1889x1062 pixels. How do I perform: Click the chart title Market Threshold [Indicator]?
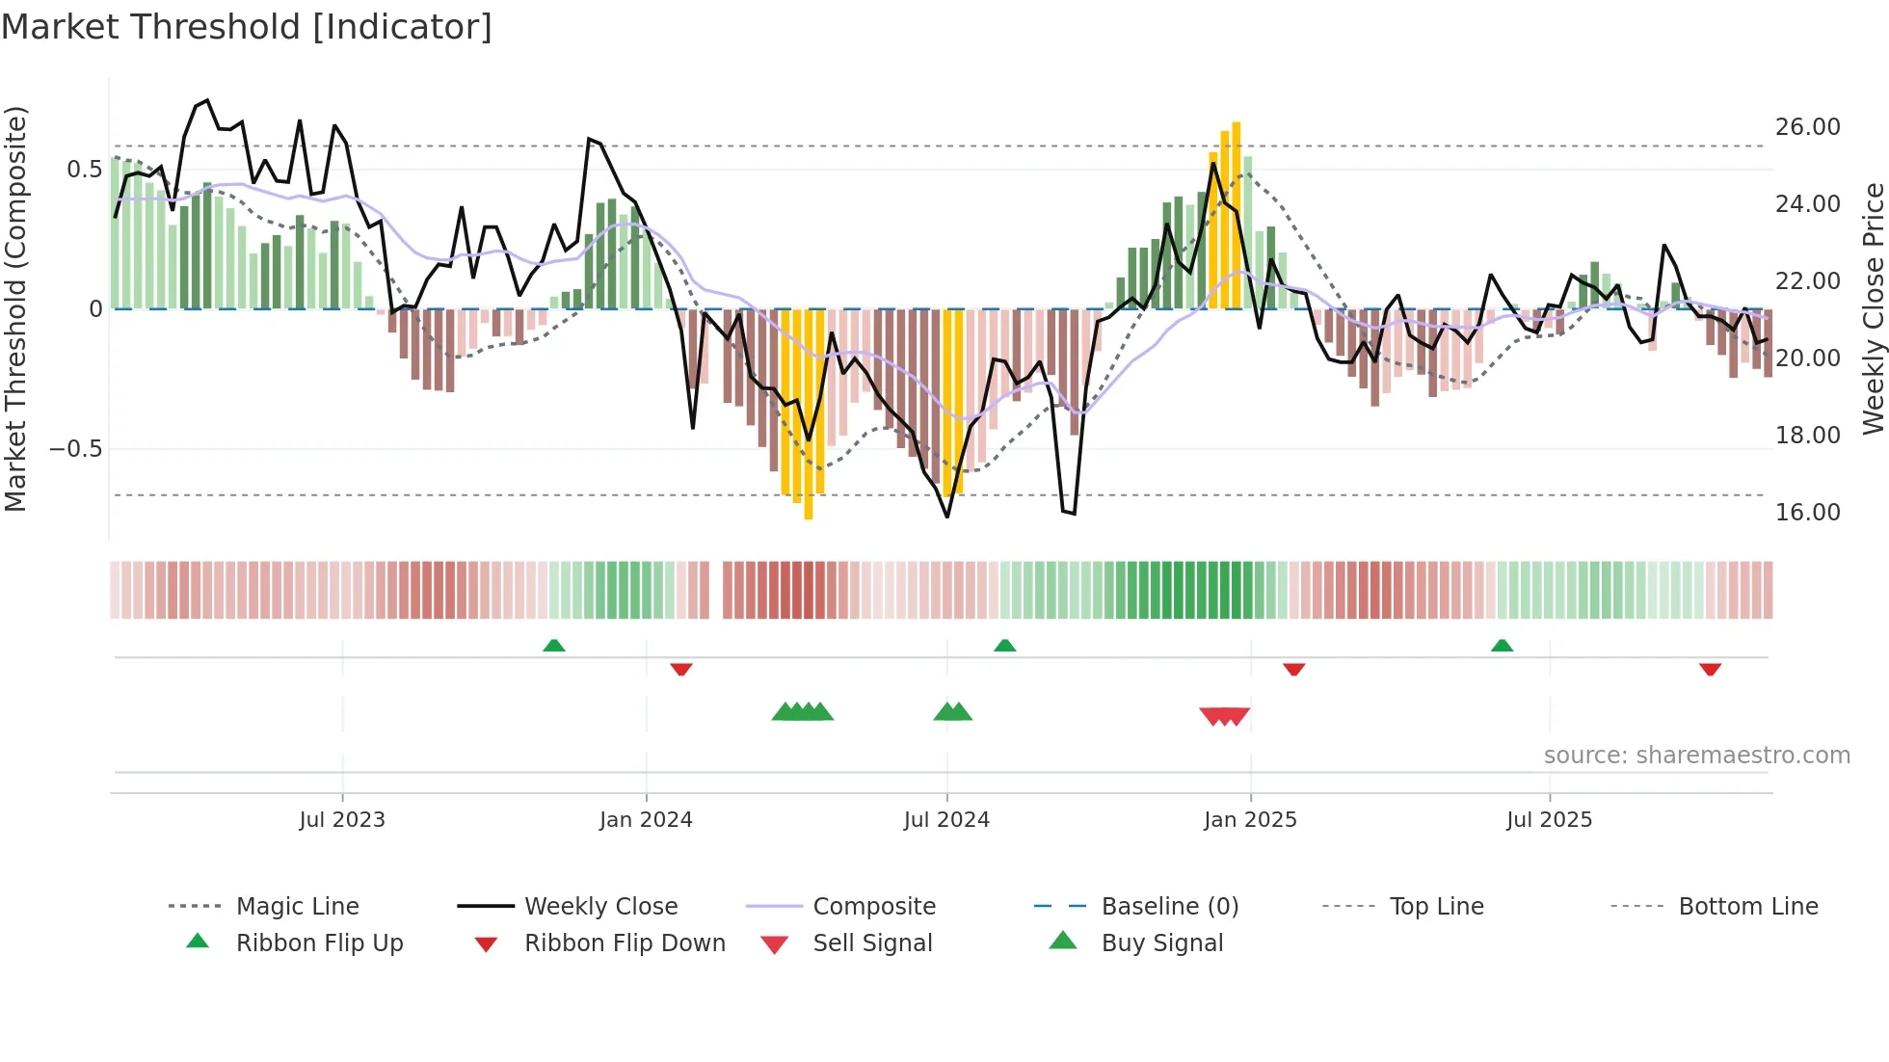click(x=247, y=27)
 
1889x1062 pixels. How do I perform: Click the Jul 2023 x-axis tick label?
click(x=342, y=820)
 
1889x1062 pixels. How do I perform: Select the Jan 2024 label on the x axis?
click(x=646, y=820)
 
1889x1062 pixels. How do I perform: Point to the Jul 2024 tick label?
click(x=946, y=820)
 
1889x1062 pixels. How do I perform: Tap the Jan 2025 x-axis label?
click(x=1250, y=820)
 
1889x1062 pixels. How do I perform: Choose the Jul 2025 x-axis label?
click(x=1549, y=820)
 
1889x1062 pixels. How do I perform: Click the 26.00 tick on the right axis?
click(x=1807, y=127)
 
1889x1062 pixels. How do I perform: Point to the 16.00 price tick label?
click(x=1807, y=513)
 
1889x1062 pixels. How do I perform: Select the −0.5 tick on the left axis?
click(x=76, y=449)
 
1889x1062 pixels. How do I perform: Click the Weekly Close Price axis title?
click(x=1873, y=308)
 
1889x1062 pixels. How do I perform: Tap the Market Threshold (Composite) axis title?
click(x=16, y=308)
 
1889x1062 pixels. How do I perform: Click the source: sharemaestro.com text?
click(x=1696, y=756)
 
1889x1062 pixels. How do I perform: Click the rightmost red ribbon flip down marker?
click(x=1710, y=669)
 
